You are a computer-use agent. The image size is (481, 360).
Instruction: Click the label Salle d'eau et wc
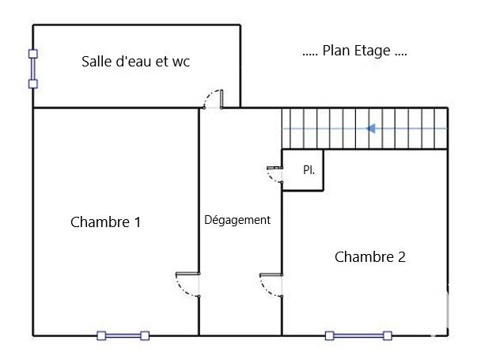click(x=136, y=61)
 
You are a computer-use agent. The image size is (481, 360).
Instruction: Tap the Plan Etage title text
click(x=355, y=51)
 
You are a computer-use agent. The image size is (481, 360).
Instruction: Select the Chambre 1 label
click(x=105, y=222)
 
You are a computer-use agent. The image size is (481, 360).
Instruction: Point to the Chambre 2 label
click(x=370, y=256)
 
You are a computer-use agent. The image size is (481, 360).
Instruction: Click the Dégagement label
click(x=237, y=220)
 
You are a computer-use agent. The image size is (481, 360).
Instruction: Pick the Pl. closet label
click(x=308, y=170)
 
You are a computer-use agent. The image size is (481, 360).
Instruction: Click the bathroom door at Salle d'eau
click(x=214, y=99)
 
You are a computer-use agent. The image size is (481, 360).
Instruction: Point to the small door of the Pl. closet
click(x=275, y=173)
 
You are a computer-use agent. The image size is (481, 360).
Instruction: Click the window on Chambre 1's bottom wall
click(x=123, y=335)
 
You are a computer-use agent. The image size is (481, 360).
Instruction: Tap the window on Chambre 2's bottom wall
click(x=358, y=335)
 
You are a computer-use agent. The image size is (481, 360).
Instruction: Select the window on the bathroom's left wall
click(x=32, y=69)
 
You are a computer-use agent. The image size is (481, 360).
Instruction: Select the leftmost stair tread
click(x=288, y=128)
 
